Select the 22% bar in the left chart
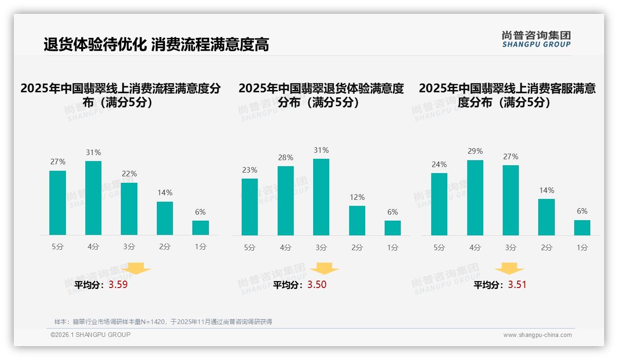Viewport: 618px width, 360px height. [129, 209]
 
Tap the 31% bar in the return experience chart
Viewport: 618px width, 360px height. [321, 197]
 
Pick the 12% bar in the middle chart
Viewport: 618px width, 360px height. [357, 220]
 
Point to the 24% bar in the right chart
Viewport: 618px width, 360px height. [439, 204]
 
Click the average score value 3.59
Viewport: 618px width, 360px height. [118, 285]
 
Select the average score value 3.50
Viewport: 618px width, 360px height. [317, 285]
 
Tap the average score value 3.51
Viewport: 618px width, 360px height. [517, 285]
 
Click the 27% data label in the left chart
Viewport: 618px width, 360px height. [58, 162]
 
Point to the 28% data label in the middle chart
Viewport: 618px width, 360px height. [285, 158]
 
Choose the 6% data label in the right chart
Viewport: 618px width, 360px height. [582, 211]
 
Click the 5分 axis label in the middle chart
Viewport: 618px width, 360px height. [250, 247]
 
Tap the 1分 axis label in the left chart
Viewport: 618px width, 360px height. [201, 247]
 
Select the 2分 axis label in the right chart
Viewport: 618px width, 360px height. [547, 247]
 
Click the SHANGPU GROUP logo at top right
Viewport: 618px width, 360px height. [536, 39]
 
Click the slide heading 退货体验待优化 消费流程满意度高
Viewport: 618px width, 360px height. [156, 44]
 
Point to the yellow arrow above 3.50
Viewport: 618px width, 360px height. [324, 269]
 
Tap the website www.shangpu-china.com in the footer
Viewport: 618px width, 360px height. [537, 335]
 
